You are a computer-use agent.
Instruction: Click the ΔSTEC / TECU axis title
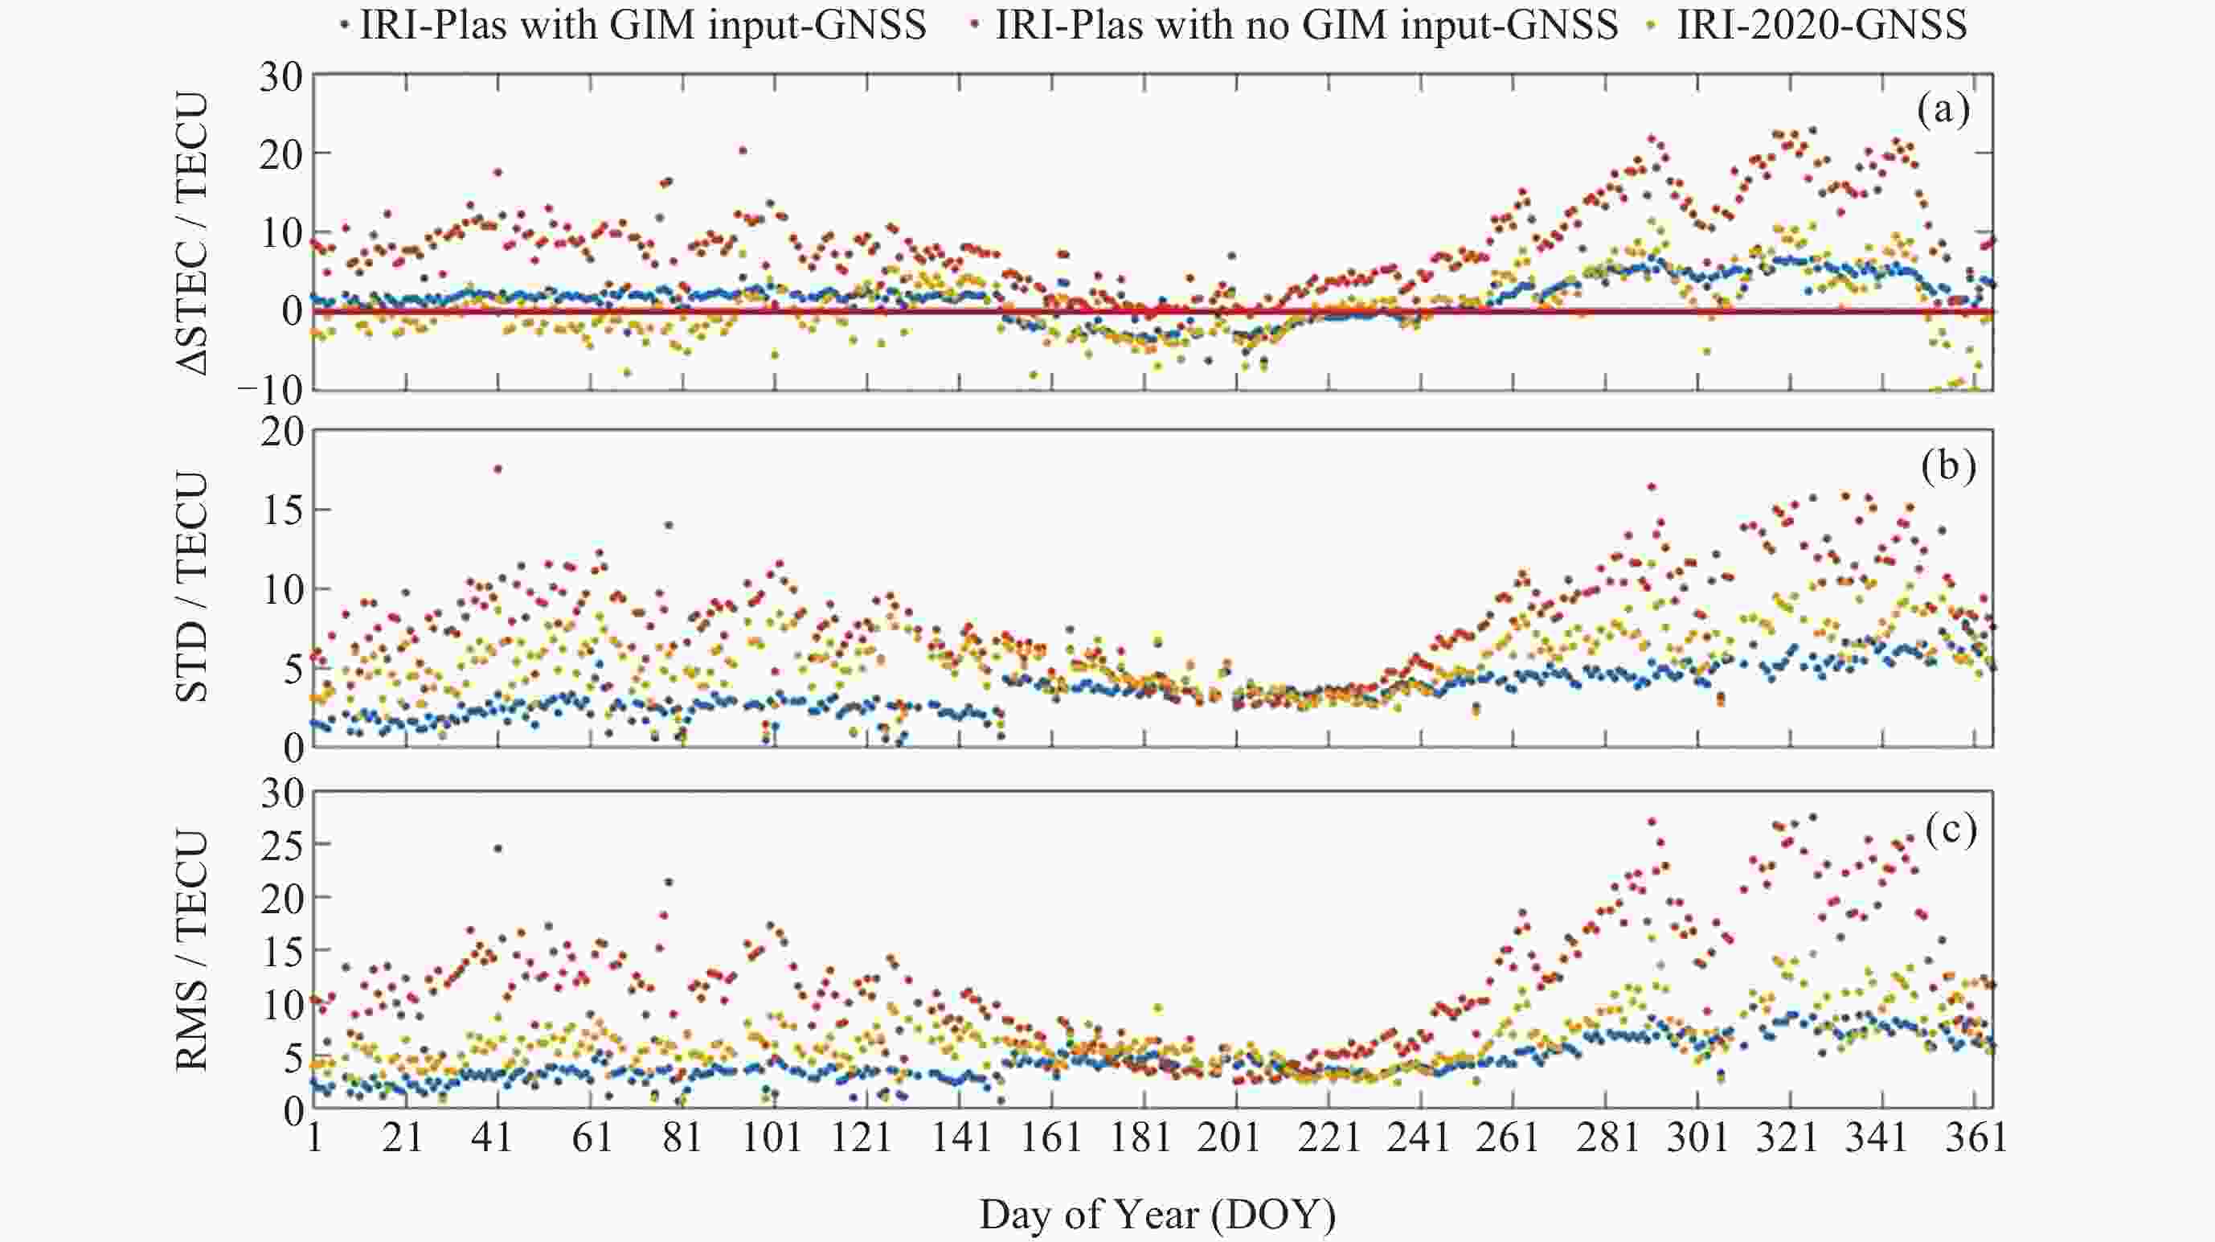point(193,233)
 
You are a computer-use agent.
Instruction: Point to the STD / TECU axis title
point(193,588)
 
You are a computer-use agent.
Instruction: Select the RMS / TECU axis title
point(193,950)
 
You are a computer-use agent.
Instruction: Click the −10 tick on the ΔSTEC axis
point(269,391)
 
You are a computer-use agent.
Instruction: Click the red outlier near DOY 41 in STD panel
point(497,469)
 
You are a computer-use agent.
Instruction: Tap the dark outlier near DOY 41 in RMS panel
point(497,849)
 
